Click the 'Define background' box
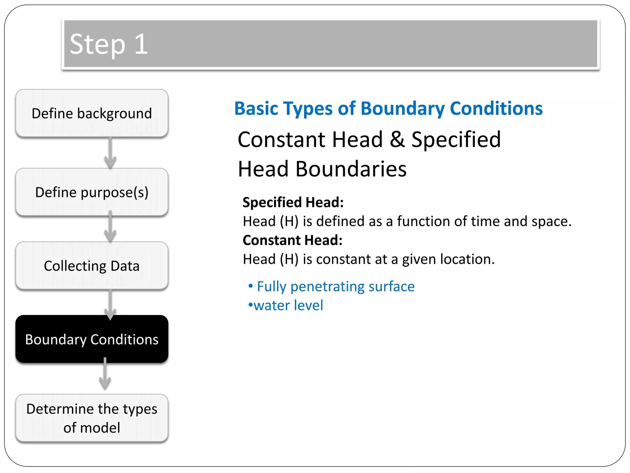(x=92, y=113)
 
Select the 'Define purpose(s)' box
(x=92, y=192)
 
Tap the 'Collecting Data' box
(x=92, y=266)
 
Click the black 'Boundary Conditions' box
(x=92, y=339)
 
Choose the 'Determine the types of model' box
(x=92, y=418)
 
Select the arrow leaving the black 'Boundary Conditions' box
(x=105, y=374)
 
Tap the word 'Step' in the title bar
(x=98, y=45)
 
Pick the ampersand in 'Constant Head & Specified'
(x=397, y=139)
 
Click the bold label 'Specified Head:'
(x=293, y=202)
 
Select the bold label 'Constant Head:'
(x=292, y=240)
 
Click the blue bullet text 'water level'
(x=288, y=305)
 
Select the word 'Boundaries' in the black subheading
(x=351, y=169)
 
